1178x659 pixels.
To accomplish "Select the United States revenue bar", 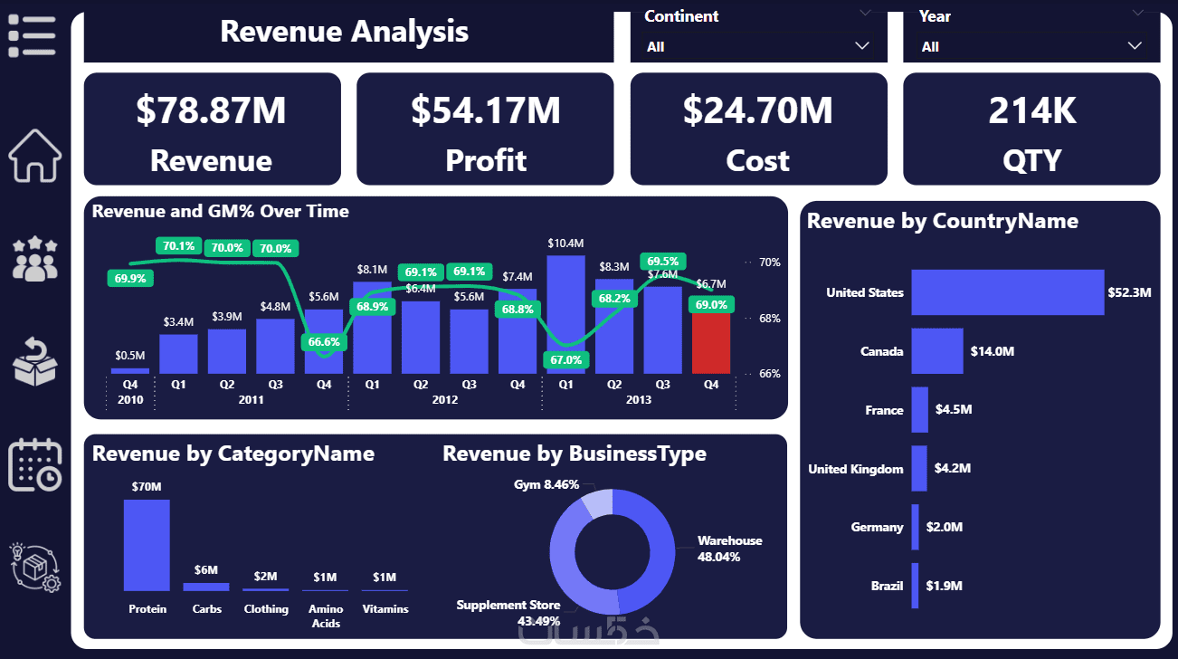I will [x=1007, y=292].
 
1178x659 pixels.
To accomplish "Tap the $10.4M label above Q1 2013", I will [x=565, y=243].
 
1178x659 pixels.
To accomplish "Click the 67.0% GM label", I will [x=566, y=360].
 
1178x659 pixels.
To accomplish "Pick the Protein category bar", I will [x=147, y=545].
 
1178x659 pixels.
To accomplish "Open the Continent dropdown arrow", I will [x=861, y=45].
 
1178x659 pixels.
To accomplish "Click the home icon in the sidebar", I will [x=34, y=156].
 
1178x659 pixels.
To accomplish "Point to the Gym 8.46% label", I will [x=546, y=485].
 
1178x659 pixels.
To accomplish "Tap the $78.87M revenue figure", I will [x=211, y=110].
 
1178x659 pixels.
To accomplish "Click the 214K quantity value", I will [x=1031, y=110].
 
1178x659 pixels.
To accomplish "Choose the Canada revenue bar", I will [x=937, y=351].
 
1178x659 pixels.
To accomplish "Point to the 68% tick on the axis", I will [x=769, y=319].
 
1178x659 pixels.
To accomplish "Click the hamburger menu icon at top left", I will [x=32, y=36].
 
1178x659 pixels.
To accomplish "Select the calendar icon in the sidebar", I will [x=34, y=465].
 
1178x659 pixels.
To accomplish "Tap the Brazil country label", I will [x=887, y=586].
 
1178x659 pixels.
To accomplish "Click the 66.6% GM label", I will [x=324, y=342].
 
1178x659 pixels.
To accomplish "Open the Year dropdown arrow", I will [x=1135, y=45].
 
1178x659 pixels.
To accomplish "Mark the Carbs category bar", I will [x=206, y=587].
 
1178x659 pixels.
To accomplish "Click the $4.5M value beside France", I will [x=953, y=410].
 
